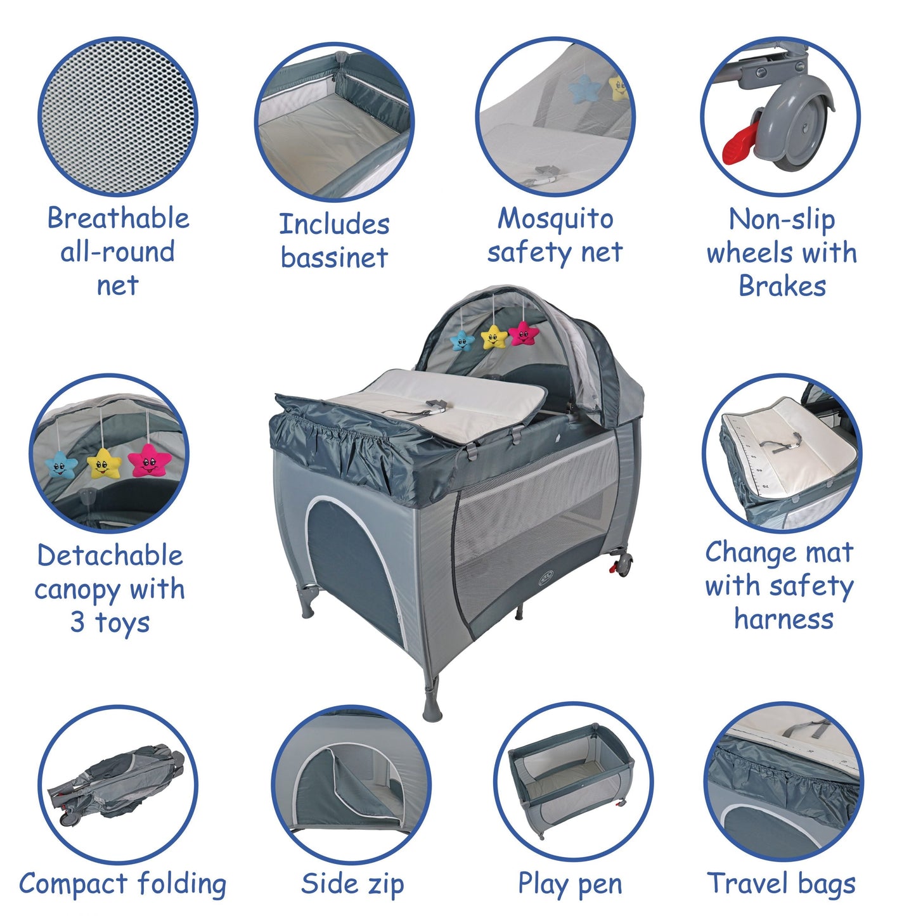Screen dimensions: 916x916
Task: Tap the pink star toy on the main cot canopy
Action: pyautogui.click(x=523, y=333)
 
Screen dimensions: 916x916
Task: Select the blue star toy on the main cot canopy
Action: pyautogui.click(x=462, y=342)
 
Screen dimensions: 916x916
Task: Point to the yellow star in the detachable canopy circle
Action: pyautogui.click(x=104, y=463)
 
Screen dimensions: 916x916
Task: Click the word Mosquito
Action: pyautogui.click(x=555, y=219)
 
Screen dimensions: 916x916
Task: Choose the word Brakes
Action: pyautogui.click(x=782, y=286)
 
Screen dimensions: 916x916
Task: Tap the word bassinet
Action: pyautogui.click(x=334, y=257)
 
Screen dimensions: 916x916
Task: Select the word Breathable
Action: pyautogui.click(x=119, y=218)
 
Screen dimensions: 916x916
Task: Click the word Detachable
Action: pyautogui.click(x=110, y=555)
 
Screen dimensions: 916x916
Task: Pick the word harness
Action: pyautogui.click(x=784, y=619)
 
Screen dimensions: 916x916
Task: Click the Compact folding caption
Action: pyautogui.click(x=123, y=884)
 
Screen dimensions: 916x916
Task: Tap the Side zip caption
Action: pyautogui.click(x=352, y=884)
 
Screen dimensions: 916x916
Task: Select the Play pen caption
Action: pyautogui.click(x=570, y=884)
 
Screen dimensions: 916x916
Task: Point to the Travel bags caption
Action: pyautogui.click(x=782, y=884)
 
